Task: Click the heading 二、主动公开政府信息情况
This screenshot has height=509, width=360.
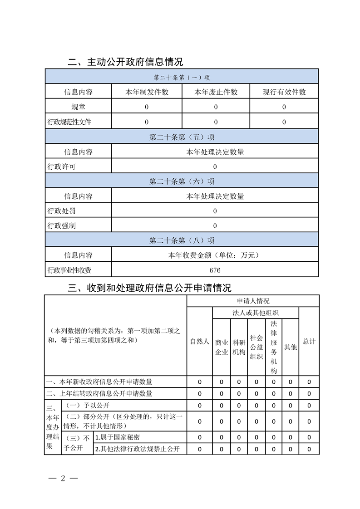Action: (x=125, y=62)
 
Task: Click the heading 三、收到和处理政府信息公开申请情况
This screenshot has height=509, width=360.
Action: (x=149, y=288)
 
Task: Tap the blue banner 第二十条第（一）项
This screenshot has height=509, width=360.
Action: (x=182, y=77)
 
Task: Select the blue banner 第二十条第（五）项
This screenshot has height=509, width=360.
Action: (x=182, y=137)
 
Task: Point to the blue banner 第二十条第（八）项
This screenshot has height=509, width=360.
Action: (x=182, y=240)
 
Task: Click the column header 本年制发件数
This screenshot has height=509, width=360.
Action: (x=147, y=92)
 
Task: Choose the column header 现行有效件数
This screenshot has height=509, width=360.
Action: (x=284, y=92)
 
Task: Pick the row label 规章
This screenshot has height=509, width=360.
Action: (x=78, y=107)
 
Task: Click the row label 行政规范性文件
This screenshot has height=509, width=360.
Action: (x=69, y=122)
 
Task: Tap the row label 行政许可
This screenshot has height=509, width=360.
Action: (x=61, y=166)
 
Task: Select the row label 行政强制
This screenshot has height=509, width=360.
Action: (x=61, y=225)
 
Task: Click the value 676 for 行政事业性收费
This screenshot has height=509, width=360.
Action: (x=215, y=270)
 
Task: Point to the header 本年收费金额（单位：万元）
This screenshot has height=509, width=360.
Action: (x=215, y=255)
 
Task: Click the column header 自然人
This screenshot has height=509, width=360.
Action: (x=199, y=342)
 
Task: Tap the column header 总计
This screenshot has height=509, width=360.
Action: (x=309, y=342)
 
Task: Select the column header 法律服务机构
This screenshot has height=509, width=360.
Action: (x=274, y=347)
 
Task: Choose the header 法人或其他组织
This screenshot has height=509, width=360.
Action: (x=256, y=313)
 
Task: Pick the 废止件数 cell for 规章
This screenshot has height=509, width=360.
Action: (x=216, y=107)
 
